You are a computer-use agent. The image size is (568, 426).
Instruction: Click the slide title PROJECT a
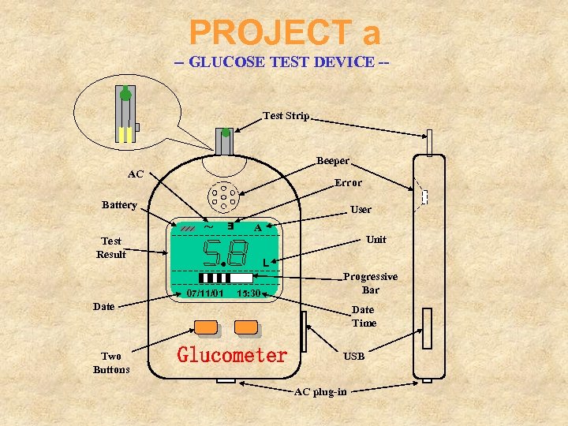[x=285, y=32]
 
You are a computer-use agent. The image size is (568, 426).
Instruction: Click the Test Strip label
[x=286, y=116]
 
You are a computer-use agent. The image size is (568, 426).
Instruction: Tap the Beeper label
[x=332, y=161]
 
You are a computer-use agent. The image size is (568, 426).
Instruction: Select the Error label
[x=348, y=182]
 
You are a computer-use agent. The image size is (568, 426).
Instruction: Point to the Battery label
[x=119, y=205]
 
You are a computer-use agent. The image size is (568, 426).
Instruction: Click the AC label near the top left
[x=136, y=174]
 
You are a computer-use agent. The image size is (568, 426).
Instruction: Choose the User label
[x=361, y=210]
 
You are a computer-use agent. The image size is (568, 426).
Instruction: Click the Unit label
[x=376, y=239]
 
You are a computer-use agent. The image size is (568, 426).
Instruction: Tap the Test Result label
[x=111, y=248]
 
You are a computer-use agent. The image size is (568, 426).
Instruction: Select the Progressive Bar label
[x=370, y=283]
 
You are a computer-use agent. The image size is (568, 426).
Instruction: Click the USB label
[x=353, y=357]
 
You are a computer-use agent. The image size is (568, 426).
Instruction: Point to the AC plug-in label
[x=319, y=392]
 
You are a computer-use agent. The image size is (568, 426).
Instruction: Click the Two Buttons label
[x=111, y=363]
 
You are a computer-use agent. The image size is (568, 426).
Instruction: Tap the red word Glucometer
[x=232, y=355]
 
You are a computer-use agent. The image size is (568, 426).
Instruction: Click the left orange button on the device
[x=206, y=327]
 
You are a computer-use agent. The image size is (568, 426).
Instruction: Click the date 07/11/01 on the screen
[x=205, y=293]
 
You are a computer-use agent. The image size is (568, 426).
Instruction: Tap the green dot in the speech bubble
[x=125, y=95]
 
